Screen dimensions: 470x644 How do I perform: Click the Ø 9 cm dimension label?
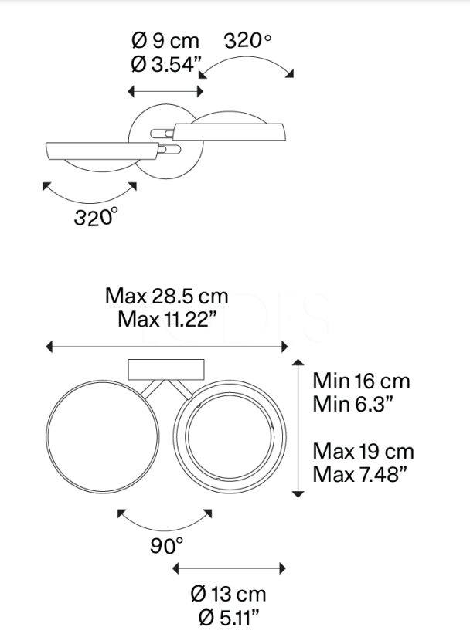click(x=165, y=41)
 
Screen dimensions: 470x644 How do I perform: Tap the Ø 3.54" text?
click(x=166, y=64)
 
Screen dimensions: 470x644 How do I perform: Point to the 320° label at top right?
click(x=247, y=41)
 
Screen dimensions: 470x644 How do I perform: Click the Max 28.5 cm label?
click(x=166, y=296)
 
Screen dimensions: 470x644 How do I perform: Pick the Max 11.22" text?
click(x=166, y=319)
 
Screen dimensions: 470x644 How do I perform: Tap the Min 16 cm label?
click(x=361, y=381)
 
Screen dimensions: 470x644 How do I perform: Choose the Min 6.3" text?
click(x=352, y=404)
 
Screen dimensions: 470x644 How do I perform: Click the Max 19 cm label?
click(x=363, y=452)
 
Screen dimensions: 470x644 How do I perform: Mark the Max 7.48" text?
click(x=359, y=475)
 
